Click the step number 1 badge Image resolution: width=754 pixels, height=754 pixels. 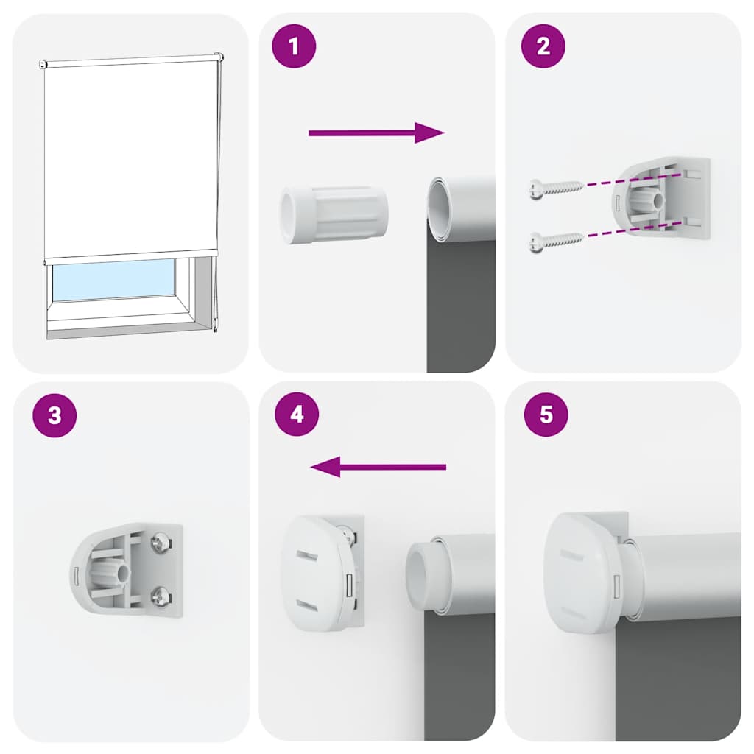pyautogui.click(x=295, y=46)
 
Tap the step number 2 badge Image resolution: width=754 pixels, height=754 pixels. pyautogui.click(x=543, y=46)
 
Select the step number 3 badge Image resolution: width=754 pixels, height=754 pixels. pyautogui.click(x=54, y=415)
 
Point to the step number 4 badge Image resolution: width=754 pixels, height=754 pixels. pyautogui.click(x=297, y=415)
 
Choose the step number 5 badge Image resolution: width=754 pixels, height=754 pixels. pyautogui.click(x=546, y=415)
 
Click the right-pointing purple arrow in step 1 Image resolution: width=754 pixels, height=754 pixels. pyautogui.click(x=376, y=133)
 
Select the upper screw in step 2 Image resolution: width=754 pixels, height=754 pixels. pyautogui.click(x=555, y=188)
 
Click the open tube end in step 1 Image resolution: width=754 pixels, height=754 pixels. pyautogui.click(x=440, y=209)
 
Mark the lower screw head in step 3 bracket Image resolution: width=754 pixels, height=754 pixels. pyautogui.click(x=160, y=594)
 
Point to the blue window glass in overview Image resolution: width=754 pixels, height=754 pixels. pyautogui.click(x=112, y=280)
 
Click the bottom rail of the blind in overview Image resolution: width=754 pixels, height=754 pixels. pyautogui.click(x=131, y=255)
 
